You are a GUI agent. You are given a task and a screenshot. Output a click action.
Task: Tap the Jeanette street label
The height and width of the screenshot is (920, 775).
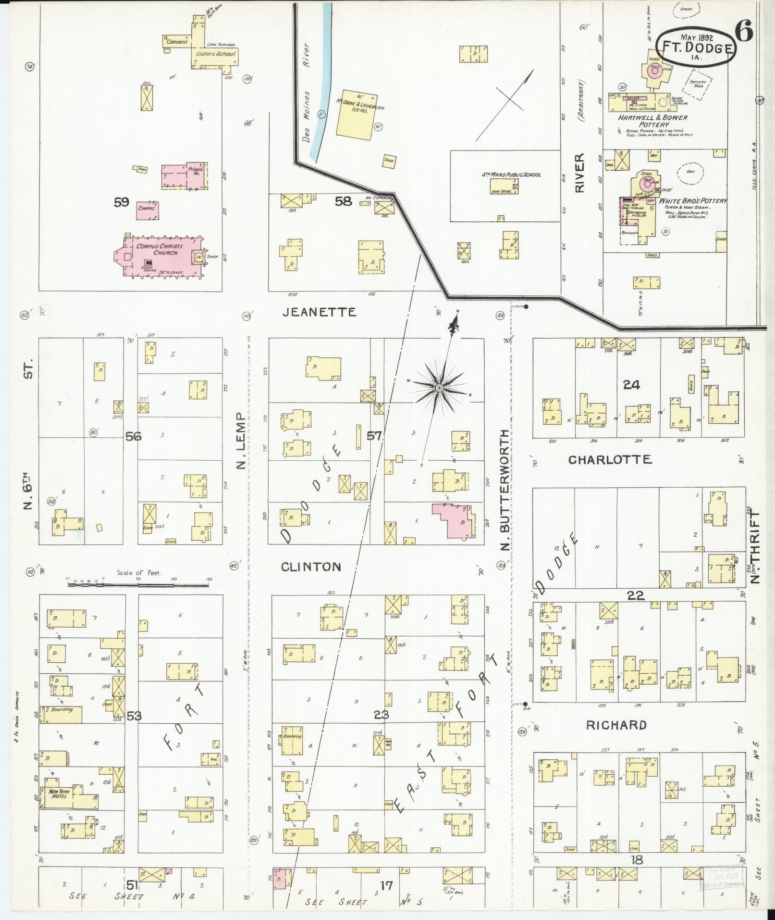click(x=319, y=312)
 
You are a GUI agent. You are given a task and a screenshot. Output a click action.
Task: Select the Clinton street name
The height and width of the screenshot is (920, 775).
click(x=311, y=567)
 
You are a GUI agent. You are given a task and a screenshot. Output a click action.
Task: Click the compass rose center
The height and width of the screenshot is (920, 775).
click(x=439, y=388)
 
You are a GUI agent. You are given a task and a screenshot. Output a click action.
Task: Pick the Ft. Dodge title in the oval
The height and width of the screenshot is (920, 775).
click(x=699, y=48)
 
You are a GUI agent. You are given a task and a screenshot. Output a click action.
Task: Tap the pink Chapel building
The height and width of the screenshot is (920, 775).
click(x=148, y=210)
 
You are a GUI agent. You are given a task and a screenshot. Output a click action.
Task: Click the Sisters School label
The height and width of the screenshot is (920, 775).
click(x=216, y=54)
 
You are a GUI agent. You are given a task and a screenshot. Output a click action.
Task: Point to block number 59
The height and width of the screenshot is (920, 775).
click(x=121, y=202)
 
